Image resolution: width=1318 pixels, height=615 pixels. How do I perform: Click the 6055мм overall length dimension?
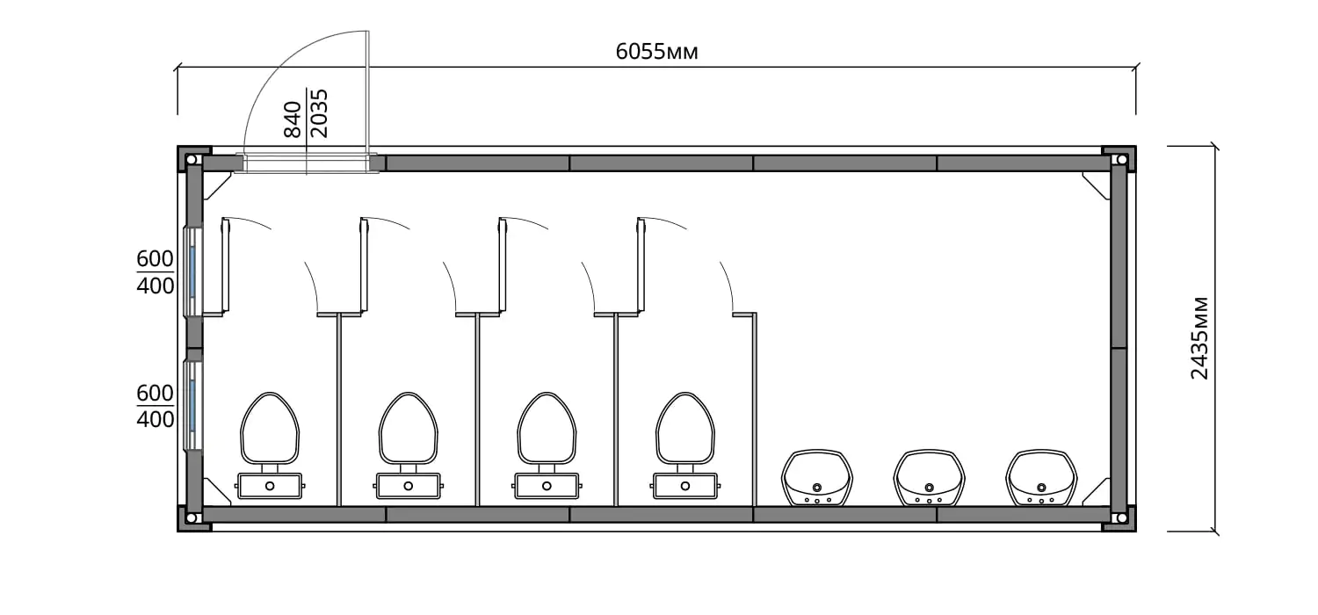coord(656,52)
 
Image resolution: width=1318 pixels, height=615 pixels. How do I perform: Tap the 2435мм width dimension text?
coord(1199,338)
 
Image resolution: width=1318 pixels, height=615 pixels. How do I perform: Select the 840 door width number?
coord(293,119)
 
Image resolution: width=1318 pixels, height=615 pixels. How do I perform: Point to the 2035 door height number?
coord(319,113)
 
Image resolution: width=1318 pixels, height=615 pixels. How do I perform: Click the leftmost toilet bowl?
coord(270,428)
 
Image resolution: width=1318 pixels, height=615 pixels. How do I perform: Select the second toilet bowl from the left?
coord(409,428)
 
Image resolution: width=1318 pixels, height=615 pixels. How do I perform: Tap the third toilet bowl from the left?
coord(547,428)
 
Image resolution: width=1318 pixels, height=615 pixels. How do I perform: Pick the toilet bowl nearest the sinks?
coord(684,428)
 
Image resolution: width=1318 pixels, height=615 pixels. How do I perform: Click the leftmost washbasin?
coord(816,478)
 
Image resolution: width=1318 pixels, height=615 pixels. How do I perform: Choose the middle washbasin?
coord(929,478)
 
